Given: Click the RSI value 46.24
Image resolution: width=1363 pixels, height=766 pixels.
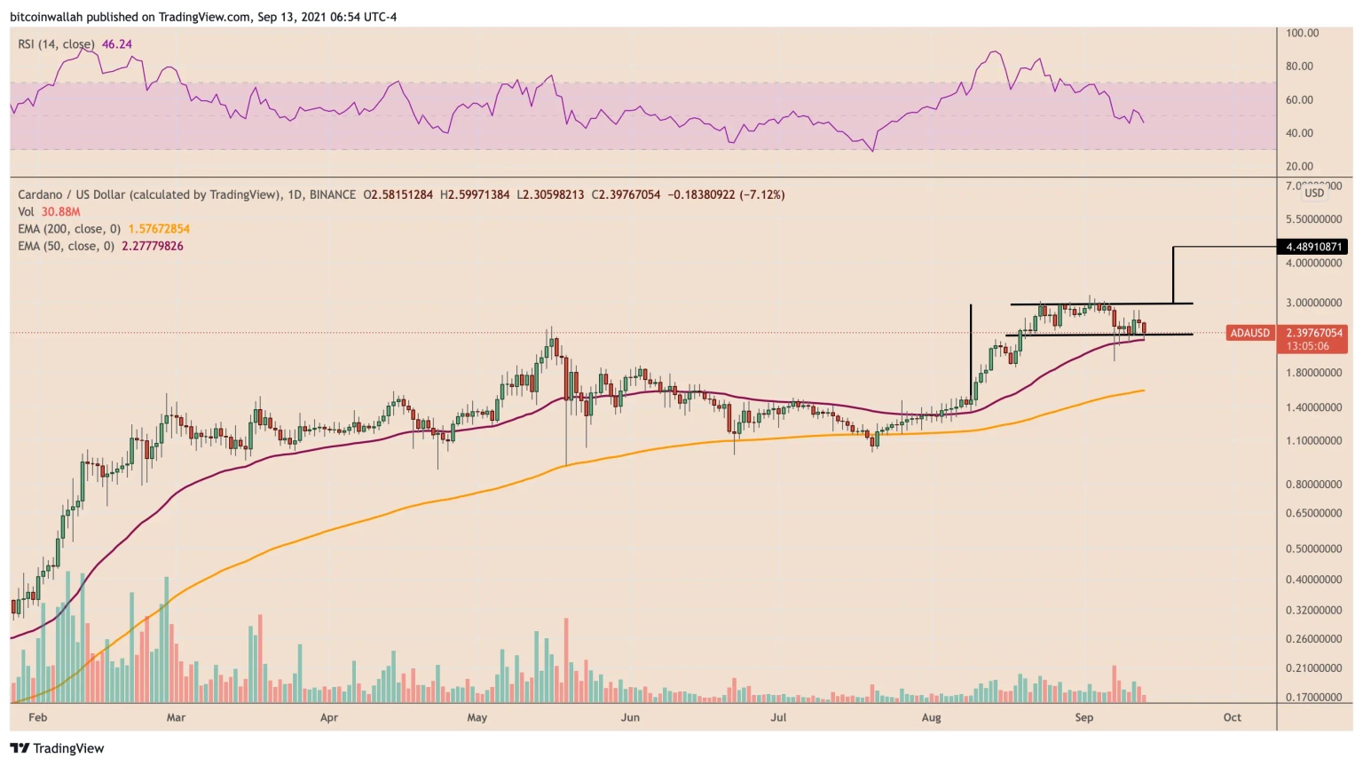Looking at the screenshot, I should point(117,44).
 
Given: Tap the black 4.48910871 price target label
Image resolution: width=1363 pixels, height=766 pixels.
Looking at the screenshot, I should point(1314,247).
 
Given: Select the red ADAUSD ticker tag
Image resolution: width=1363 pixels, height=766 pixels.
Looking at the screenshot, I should point(1249,333).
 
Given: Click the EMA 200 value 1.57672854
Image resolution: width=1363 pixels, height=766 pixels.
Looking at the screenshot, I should point(159,229).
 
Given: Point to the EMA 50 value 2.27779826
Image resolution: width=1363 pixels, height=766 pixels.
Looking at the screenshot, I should point(153,246).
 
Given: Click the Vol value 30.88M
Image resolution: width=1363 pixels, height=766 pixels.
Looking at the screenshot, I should point(60,212).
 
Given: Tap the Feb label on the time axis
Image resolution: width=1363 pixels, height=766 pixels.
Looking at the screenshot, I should point(37,717).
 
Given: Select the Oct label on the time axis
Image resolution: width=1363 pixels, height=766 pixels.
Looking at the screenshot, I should point(1232,717).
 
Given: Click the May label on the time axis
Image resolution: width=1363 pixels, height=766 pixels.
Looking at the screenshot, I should point(477,717).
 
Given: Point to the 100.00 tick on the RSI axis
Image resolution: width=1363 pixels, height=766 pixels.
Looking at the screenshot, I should point(1303,33).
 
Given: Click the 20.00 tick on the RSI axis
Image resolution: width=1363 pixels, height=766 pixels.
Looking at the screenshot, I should point(1299,166).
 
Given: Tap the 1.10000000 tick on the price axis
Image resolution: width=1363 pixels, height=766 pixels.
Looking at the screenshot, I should point(1313,441).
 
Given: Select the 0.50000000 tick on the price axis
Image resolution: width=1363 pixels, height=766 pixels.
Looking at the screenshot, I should point(1313,549).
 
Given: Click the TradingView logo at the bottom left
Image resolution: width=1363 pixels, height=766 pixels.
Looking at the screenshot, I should point(57,748).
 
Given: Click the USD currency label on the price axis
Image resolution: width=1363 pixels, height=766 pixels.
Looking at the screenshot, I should point(1314,193).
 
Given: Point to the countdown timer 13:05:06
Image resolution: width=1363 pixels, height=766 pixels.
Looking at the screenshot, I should point(1308,346).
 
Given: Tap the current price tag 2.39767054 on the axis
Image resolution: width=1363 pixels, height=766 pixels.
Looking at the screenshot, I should point(1314,333).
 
